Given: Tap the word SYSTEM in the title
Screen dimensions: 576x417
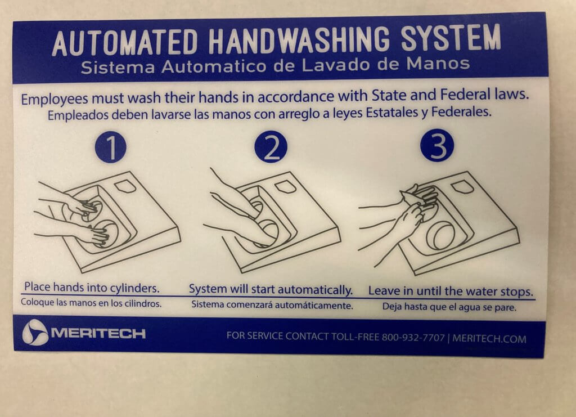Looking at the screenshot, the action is (451, 38).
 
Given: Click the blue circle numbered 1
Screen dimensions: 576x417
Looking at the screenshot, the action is (111, 147).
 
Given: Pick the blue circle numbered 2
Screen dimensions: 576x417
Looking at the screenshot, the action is (271, 146).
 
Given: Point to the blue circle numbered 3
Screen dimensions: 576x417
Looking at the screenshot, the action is (437, 146).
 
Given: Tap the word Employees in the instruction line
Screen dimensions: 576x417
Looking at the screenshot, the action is (55, 99).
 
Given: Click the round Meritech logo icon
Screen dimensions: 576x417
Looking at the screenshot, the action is (35, 332).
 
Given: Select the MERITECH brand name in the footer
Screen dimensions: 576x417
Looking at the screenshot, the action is (98, 333).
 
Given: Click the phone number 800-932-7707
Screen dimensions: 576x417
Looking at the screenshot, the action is (413, 337).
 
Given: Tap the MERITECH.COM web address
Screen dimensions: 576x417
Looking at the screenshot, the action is (489, 338).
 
